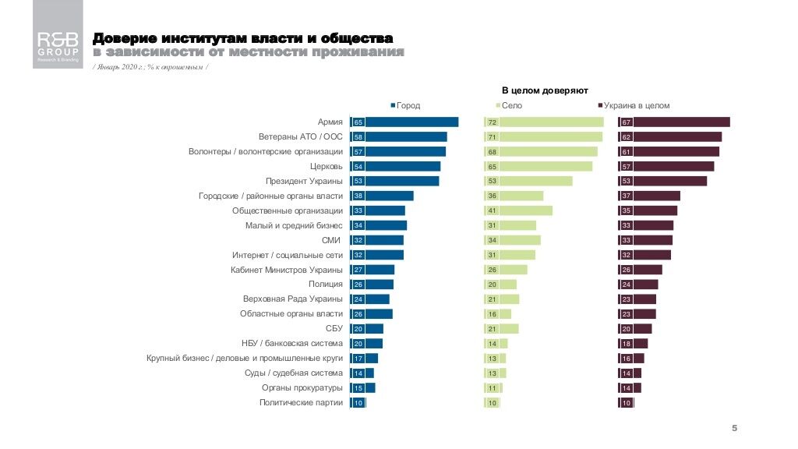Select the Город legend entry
pos(404,105)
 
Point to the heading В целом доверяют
pos(544,90)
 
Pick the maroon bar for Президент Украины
pos(662,181)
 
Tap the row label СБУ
pos(334,329)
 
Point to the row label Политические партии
pos(301,403)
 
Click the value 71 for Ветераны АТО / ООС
pos(492,136)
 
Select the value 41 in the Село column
pos(492,210)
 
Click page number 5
pos(734,428)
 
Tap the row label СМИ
pos(332,240)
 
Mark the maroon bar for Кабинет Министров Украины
pos(640,270)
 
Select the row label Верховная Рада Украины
pos(293,299)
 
